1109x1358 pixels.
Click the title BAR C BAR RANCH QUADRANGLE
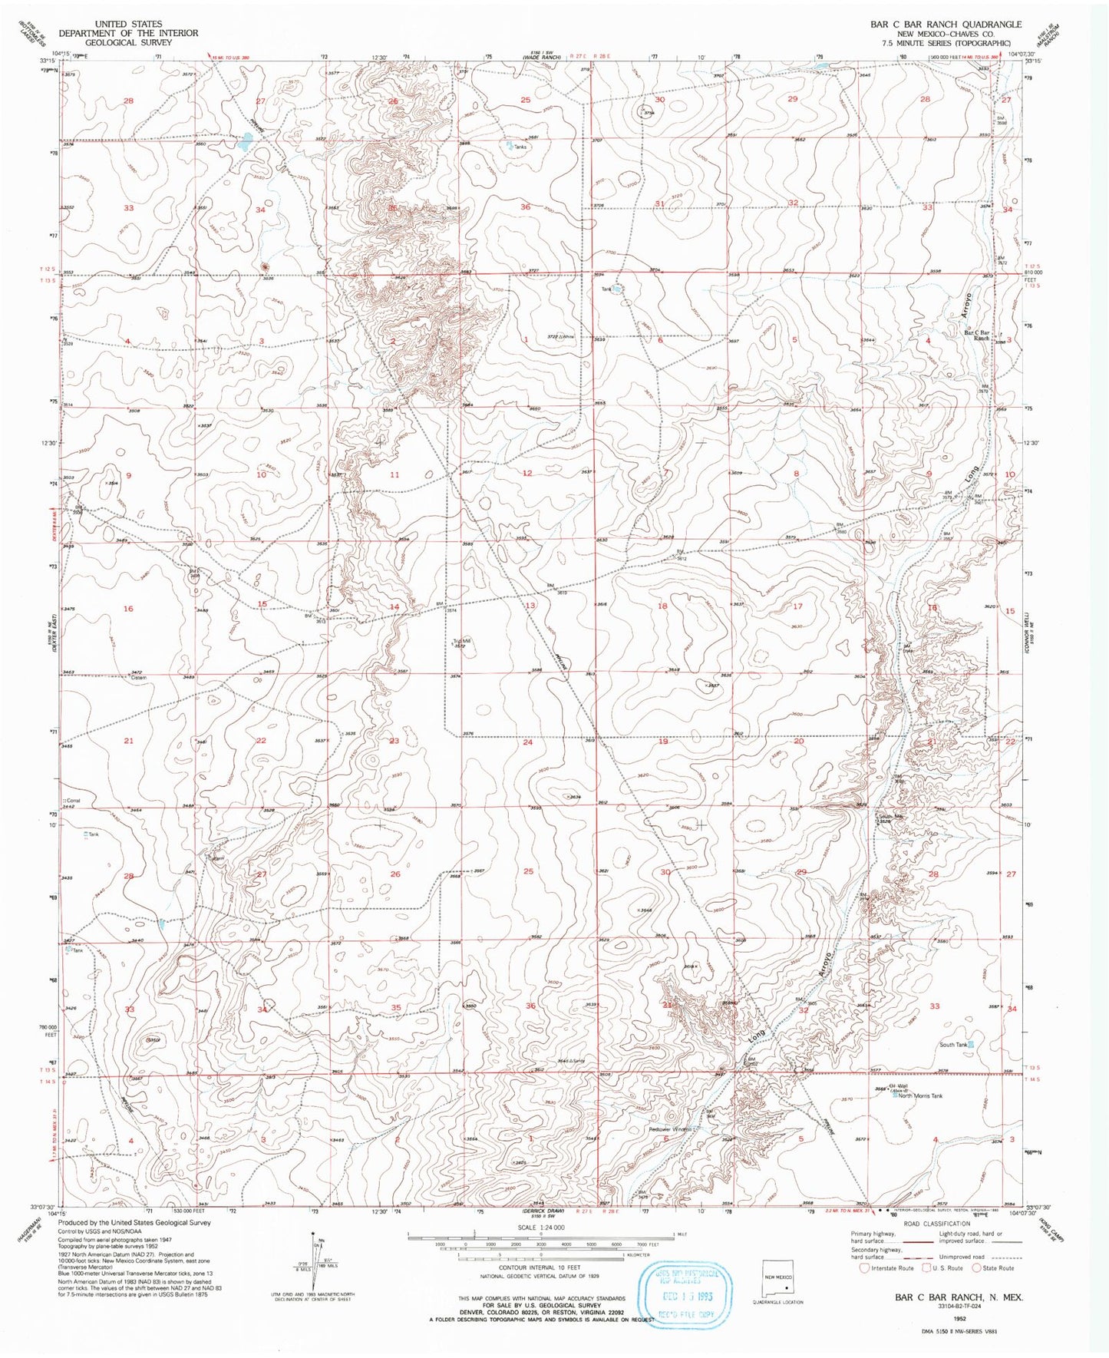(x=946, y=25)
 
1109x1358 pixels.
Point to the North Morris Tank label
(x=920, y=1096)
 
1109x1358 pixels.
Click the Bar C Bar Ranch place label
(x=976, y=335)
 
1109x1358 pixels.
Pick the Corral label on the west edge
(x=74, y=801)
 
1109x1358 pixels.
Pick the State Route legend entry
(x=997, y=1268)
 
